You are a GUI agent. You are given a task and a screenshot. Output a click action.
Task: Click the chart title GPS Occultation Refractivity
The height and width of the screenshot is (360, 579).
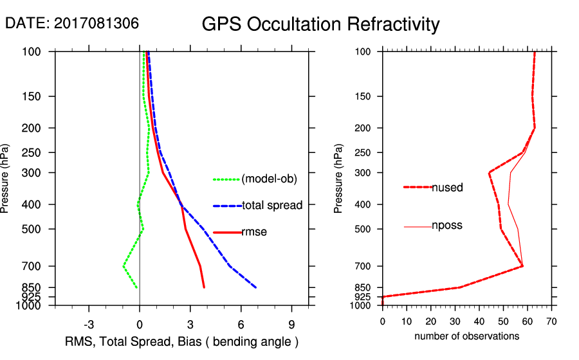(x=320, y=24)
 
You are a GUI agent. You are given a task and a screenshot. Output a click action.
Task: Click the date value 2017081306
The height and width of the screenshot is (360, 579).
(x=96, y=23)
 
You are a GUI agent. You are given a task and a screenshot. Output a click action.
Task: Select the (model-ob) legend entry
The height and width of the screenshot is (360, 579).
(x=269, y=179)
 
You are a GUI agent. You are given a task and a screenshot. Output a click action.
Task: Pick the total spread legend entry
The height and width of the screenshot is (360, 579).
(x=272, y=206)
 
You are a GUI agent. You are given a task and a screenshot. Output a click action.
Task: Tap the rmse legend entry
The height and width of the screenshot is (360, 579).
(x=253, y=232)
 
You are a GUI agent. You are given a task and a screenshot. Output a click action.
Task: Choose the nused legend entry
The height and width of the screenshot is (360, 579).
(x=447, y=188)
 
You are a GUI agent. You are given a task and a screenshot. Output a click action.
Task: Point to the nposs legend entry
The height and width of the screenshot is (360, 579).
(x=447, y=226)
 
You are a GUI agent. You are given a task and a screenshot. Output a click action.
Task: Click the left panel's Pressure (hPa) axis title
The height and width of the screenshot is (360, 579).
(x=6, y=179)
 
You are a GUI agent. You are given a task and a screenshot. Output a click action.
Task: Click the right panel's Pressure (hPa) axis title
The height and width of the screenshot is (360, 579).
(x=340, y=179)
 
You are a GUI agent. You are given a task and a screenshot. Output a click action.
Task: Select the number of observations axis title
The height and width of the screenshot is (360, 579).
(x=466, y=336)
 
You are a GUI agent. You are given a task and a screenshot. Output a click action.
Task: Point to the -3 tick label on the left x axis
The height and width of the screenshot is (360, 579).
(x=89, y=324)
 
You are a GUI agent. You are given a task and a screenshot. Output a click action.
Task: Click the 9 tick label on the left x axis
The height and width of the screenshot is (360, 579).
(x=291, y=324)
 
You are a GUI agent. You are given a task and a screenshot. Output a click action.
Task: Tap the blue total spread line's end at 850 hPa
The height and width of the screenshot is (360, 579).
(x=255, y=287)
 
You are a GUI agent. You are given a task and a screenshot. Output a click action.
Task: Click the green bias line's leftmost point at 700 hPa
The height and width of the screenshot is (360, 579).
(x=124, y=265)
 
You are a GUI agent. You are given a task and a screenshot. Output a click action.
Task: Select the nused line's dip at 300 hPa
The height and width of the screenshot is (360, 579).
(x=490, y=172)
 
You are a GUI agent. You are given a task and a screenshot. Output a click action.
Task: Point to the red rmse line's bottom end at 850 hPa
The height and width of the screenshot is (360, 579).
(x=204, y=287)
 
